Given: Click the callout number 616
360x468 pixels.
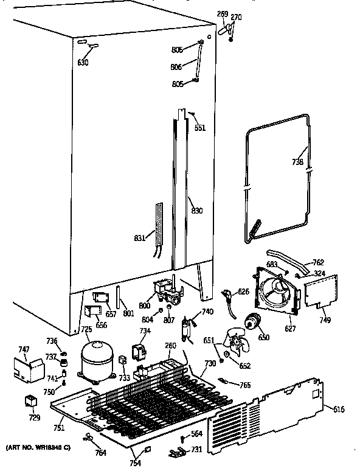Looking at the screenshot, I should (338, 410).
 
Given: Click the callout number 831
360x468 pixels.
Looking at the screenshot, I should (139, 239).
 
